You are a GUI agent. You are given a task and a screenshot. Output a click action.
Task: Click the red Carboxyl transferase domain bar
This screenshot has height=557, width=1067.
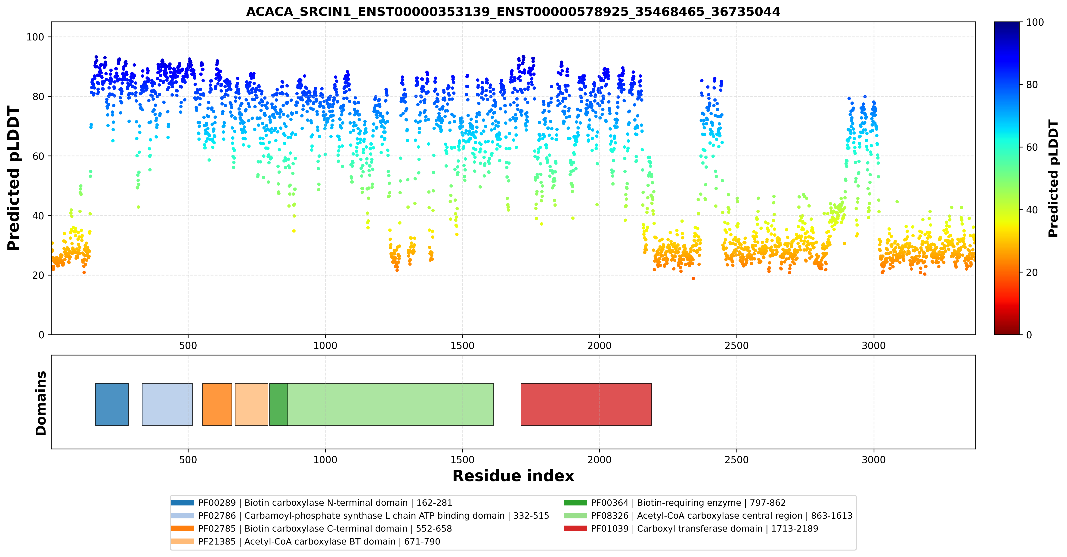click(586, 404)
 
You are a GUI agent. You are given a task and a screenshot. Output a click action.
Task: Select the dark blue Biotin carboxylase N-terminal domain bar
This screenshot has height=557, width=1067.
click(112, 404)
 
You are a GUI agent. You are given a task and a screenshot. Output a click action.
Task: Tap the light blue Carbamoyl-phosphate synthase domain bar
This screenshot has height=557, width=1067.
click(167, 404)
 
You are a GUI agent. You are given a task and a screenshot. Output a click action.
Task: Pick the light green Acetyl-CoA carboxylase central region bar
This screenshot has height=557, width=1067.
click(391, 404)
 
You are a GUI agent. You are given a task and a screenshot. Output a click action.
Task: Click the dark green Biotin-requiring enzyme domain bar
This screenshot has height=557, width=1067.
click(279, 404)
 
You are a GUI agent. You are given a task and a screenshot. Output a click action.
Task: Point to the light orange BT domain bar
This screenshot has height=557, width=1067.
click(251, 404)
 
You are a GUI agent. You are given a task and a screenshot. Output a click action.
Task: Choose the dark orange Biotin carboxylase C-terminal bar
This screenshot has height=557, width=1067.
click(217, 404)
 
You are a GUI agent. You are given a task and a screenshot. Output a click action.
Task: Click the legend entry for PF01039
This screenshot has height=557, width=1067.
click(691, 528)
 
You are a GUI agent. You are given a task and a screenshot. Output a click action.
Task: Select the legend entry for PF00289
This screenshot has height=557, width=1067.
click(312, 503)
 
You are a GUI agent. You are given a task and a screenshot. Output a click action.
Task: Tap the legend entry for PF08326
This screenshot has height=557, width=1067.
click(708, 516)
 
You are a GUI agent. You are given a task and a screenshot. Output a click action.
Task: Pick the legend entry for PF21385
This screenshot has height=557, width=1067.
click(306, 541)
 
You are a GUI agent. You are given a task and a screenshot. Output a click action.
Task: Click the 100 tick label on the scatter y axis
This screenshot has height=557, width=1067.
click(35, 37)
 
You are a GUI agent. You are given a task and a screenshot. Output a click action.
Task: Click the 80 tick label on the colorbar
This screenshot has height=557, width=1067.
click(1032, 85)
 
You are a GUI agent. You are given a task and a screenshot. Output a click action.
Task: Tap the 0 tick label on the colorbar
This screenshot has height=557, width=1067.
click(1029, 335)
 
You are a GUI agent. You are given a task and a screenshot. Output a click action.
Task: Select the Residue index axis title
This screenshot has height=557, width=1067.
click(513, 476)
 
